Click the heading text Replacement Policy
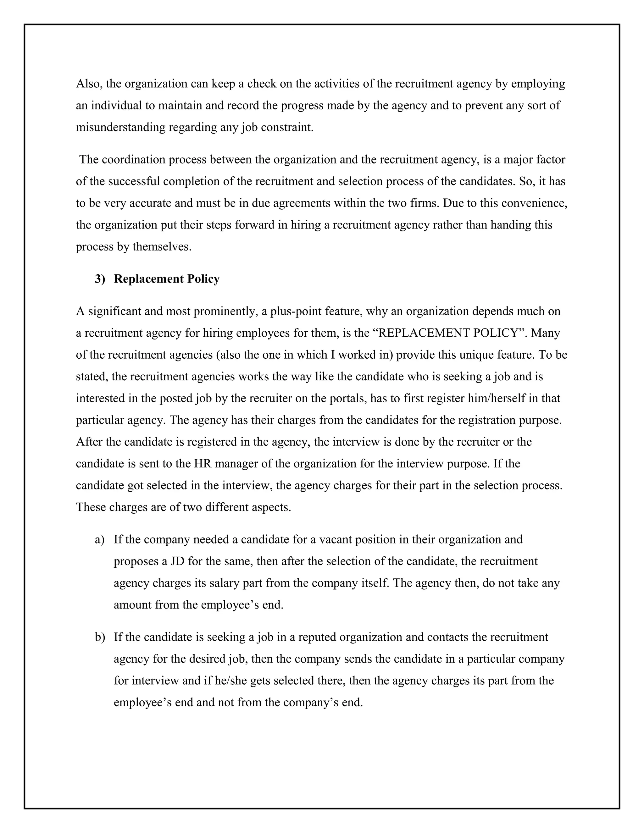(166, 279)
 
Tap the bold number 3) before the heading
(100, 279)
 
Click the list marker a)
(100, 540)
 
